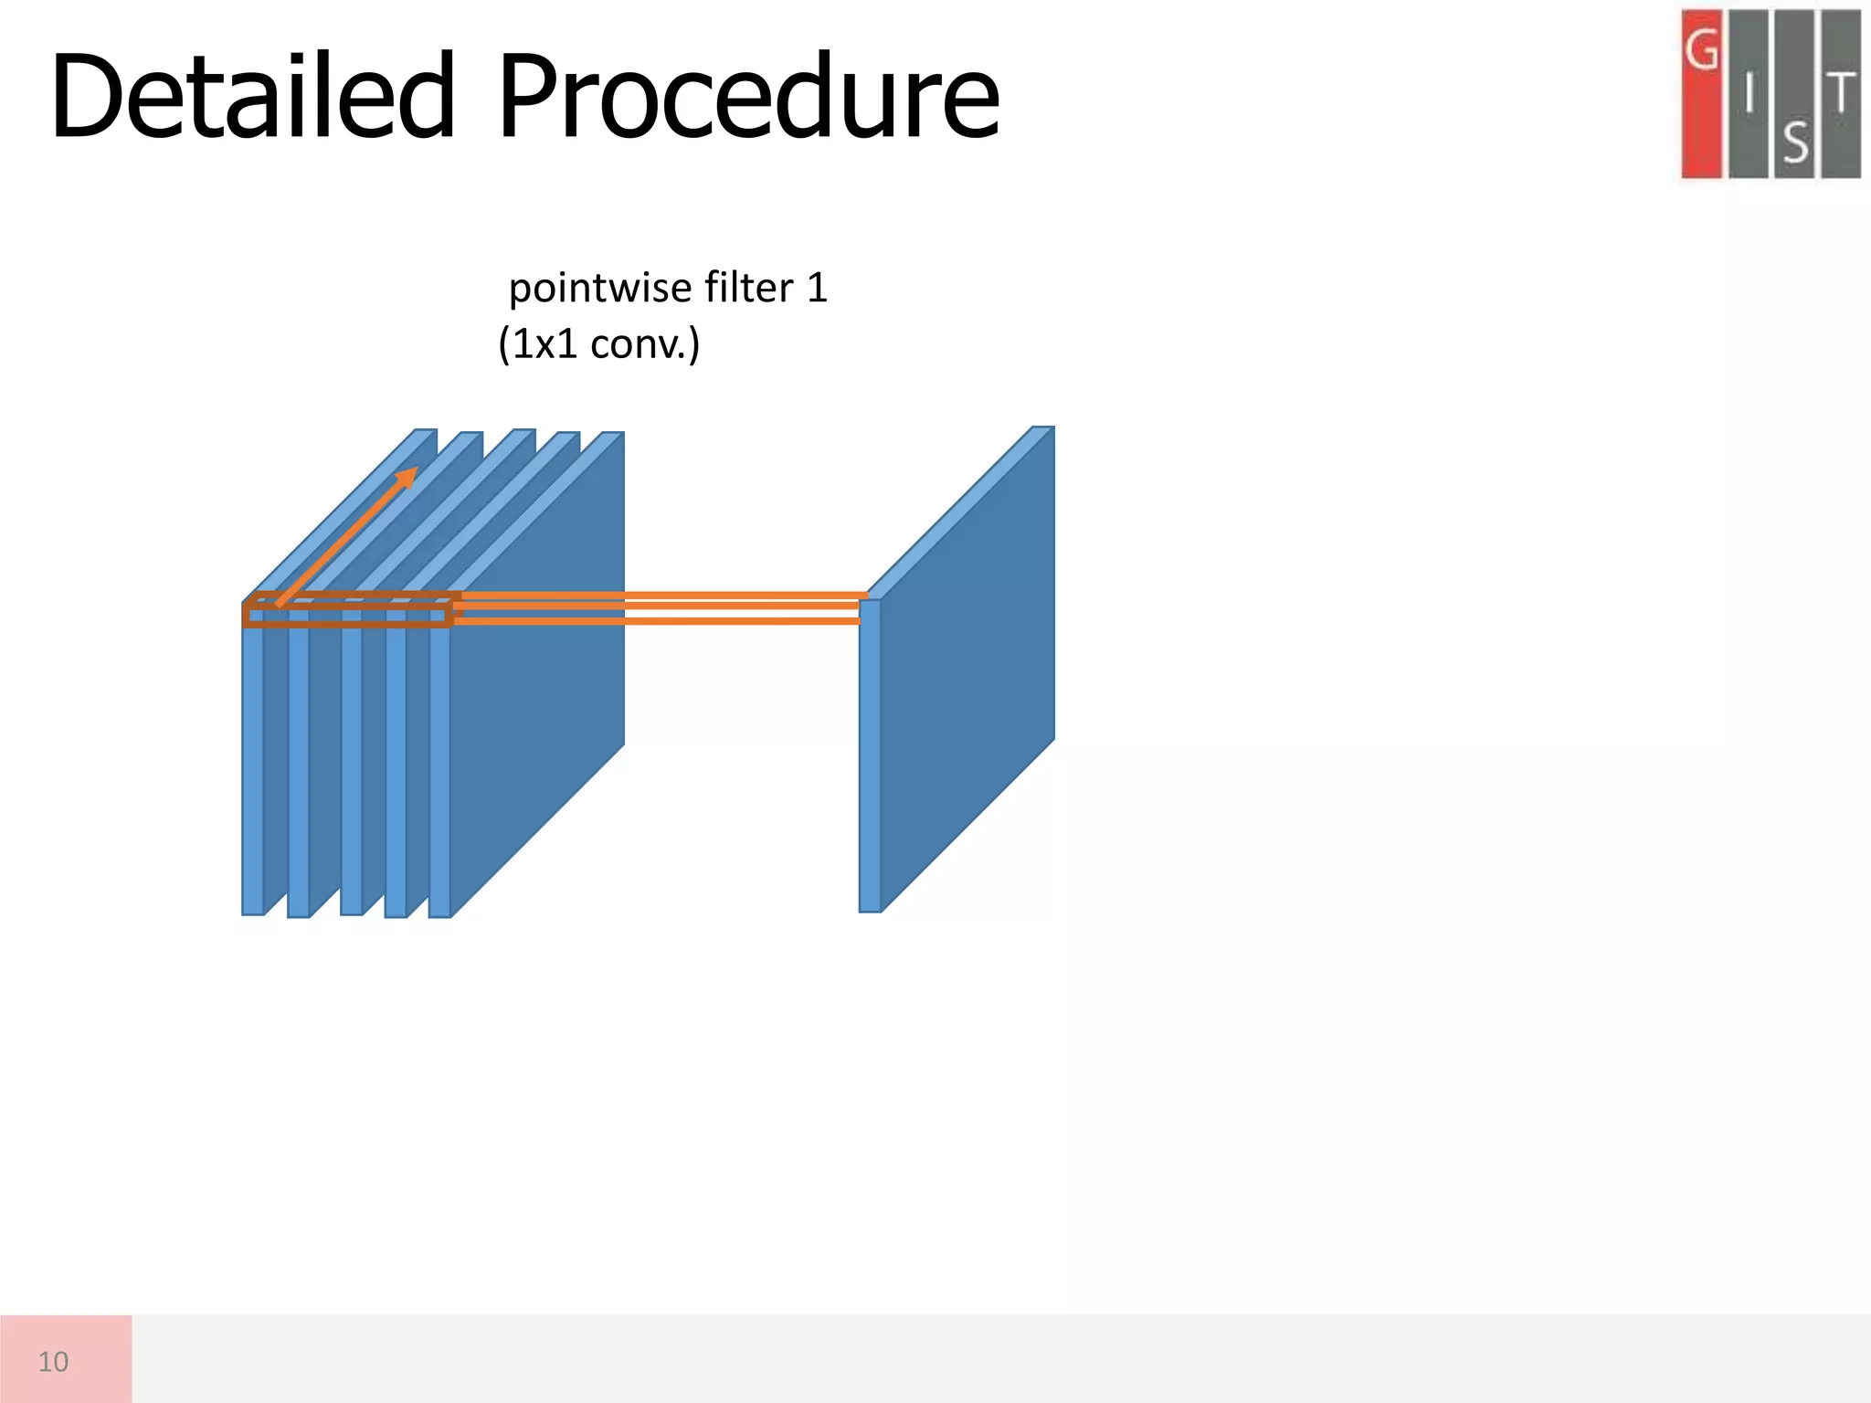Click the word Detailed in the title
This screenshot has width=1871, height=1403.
tap(252, 97)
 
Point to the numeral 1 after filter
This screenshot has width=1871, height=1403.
tap(817, 287)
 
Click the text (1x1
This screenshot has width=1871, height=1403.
tap(538, 344)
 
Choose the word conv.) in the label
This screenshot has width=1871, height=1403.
tap(645, 344)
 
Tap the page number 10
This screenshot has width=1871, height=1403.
tap(53, 1361)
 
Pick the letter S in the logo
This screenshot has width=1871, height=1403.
tap(1795, 142)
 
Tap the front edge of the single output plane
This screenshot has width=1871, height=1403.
tap(870, 758)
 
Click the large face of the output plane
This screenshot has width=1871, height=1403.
tap(968, 667)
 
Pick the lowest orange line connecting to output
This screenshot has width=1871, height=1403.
tap(658, 621)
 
